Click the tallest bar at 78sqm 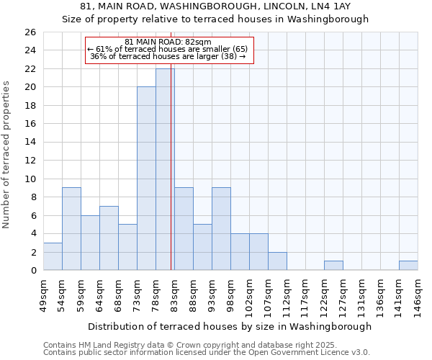click(x=165, y=169)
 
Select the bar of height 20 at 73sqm click(x=146, y=179)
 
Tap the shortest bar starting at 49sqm click(x=53, y=256)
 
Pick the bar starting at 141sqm click(x=408, y=266)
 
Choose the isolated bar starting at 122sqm click(x=333, y=266)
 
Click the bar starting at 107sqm click(x=277, y=261)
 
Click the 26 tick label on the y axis click(x=30, y=32)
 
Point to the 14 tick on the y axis click(x=30, y=143)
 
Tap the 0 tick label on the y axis click(x=32, y=271)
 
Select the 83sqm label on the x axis click(x=175, y=294)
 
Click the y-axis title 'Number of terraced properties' click(x=6, y=155)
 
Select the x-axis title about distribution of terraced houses click(x=230, y=326)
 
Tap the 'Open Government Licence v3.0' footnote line click(x=207, y=353)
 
